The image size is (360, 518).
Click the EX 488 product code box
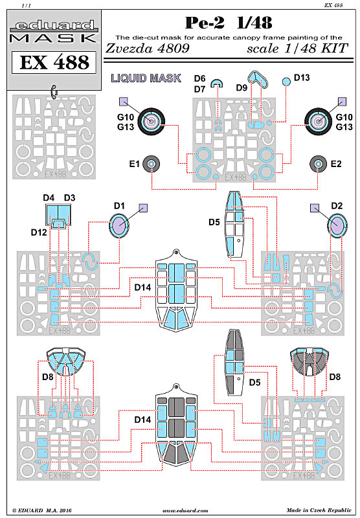click(54, 62)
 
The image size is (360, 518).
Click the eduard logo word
click(54, 25)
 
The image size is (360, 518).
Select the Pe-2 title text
click(205, 23)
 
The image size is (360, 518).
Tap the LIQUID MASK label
click(146, 78)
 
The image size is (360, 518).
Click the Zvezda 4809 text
click(148, 48)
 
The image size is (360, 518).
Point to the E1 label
click(135, 164)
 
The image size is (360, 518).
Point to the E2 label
click(336, 164)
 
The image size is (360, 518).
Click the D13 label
click(302, 78)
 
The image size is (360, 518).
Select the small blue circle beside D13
click(286, 82)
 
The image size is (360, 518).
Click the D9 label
click(242, 88)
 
